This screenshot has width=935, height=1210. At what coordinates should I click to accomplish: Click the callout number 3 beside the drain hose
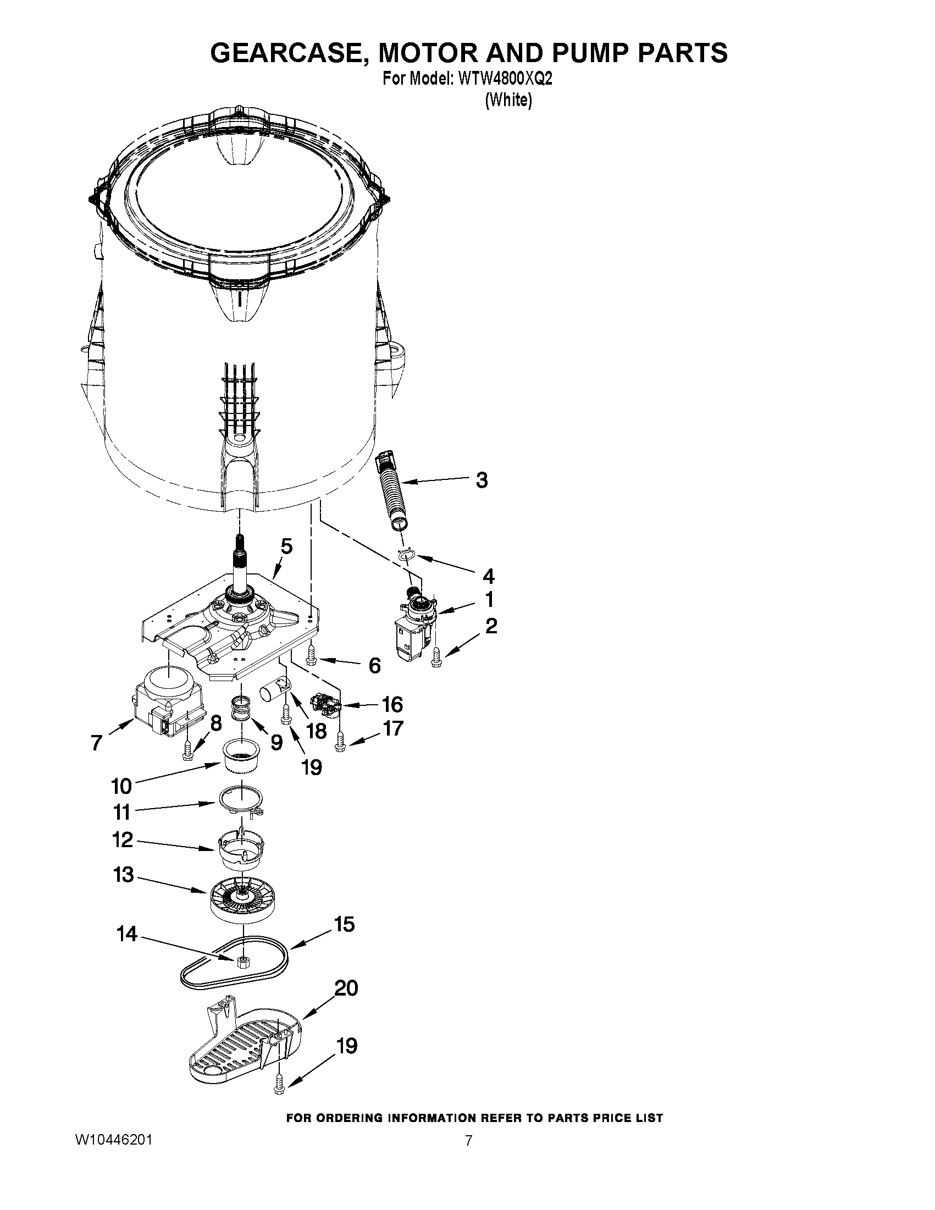tap(482, 480)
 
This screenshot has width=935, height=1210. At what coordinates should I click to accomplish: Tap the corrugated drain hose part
tap(395, 490)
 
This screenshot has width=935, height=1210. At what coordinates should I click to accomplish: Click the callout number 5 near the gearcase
tap(286, 546)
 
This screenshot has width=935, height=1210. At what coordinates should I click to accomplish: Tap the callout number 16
tap(392, 705)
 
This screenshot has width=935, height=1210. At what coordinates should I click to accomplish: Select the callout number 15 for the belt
tap(344, 925)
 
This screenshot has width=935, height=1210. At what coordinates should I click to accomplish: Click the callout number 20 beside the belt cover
tap(346, 988)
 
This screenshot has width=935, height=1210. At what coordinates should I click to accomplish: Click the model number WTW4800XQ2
tap(505, 79)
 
